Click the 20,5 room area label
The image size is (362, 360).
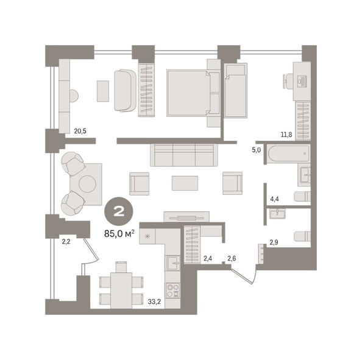80,131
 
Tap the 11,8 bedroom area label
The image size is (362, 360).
286,135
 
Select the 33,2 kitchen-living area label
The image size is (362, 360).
154,302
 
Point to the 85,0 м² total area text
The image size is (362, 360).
119,234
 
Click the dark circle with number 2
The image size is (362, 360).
119,211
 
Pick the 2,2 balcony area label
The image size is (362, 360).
66,242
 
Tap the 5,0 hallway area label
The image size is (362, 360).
256,150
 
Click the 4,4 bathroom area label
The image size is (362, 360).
274,199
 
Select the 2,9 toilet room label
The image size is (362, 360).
274,242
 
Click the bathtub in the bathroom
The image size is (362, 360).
288,154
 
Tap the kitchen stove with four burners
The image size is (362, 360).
173,291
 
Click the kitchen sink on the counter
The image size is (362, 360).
173,263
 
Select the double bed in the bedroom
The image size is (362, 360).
188,93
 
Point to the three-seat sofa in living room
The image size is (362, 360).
184,155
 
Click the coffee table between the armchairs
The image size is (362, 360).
185,183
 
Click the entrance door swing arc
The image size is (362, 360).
255,275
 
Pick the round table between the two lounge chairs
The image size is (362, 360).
87,184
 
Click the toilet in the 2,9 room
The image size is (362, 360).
302,236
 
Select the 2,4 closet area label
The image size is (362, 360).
208,258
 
